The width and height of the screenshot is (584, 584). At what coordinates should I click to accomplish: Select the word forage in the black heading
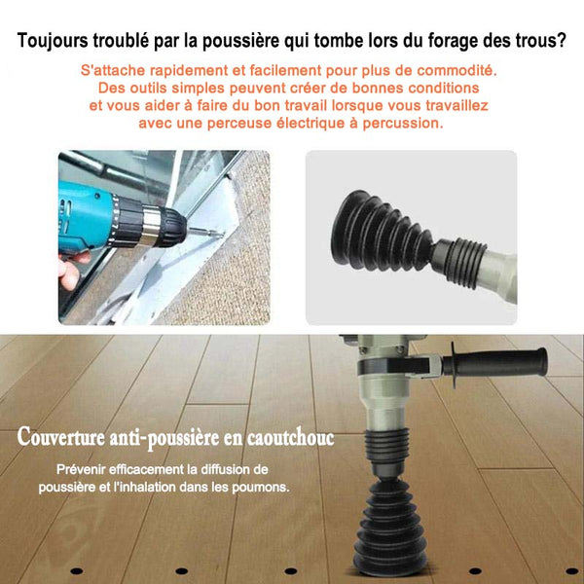click(x=453, y=41)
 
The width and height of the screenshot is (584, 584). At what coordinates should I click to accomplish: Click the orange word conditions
click(x=443, y=88)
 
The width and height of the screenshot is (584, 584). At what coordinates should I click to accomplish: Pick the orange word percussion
click(x=403, y=124)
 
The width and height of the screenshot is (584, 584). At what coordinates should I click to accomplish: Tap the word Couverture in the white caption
click(x=60, y=436)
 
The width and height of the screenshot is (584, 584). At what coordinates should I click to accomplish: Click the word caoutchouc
click(x=290, y=437)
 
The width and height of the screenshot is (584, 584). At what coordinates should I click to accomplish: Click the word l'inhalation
click(x=144, y=487)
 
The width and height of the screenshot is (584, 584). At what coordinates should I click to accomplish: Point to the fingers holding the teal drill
click(x=71, y=269)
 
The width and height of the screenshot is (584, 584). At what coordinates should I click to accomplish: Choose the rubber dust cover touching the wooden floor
click(x=389, y=527)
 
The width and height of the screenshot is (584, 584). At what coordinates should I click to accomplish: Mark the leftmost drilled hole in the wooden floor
click(x=76, y=571)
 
